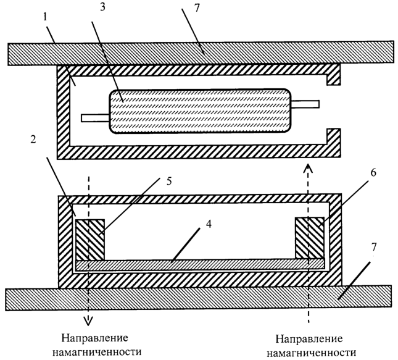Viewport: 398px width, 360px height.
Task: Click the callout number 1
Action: coord(46,17)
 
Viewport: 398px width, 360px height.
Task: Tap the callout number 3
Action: coord(102,7)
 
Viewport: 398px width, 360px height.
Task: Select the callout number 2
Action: coord(33,140)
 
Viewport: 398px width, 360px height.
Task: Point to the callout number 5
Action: coord(169,182)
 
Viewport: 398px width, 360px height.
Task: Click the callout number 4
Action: coord(209,224)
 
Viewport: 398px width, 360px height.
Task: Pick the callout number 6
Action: coord(373,172)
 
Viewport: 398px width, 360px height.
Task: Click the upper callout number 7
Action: coord(197,8)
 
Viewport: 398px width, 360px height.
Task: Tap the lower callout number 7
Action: coord(374,247)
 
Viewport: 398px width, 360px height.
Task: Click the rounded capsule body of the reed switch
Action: coord(201,111)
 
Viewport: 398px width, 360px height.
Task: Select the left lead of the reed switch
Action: coord(95,118)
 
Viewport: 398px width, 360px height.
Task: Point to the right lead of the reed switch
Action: coord(305,104)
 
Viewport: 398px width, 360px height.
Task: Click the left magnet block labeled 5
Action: coord(90,240)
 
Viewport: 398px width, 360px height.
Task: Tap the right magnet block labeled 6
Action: coord(309,238)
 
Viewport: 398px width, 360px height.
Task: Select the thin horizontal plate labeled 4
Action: coord(201,264)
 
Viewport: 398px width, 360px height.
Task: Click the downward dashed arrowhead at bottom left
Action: coord(89,320)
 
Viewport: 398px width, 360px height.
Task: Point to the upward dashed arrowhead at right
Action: coord(309,168)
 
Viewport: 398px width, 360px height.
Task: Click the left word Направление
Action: coord(94,338)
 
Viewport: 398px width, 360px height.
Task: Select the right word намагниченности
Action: coord(312,353)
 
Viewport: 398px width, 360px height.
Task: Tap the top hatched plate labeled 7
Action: coord(201,53)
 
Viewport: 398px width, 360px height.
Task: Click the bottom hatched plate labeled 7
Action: coord(198,298)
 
